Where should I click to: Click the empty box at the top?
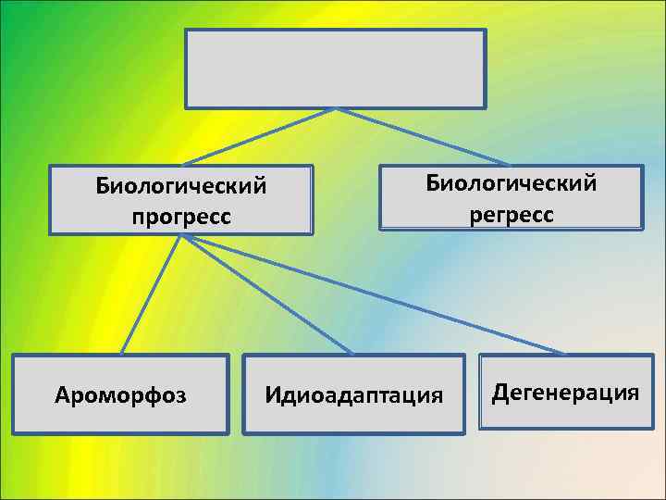(x=335, y=69)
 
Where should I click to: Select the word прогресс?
(x=181, y=217)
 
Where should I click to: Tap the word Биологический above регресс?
(x=512, y=182)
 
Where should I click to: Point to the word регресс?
(x=512, y=214)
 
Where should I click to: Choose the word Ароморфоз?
(x=120, y=396)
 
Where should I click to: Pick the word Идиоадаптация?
(x=354, y=396)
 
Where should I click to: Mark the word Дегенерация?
(x=565, y=393)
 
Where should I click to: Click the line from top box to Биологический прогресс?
(x=259, y=136)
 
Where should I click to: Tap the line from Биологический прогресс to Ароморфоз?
(x=151, y=294)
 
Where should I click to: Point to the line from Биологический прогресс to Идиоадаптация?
(x=268, y=294)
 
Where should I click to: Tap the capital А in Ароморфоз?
(x=62, y=396)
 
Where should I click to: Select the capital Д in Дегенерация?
(x=499, y=393)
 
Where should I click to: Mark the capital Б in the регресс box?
(x=433, y=182)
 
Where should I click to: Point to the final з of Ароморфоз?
(x=181, y=397)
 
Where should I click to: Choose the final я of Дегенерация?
(x=632, y=394)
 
